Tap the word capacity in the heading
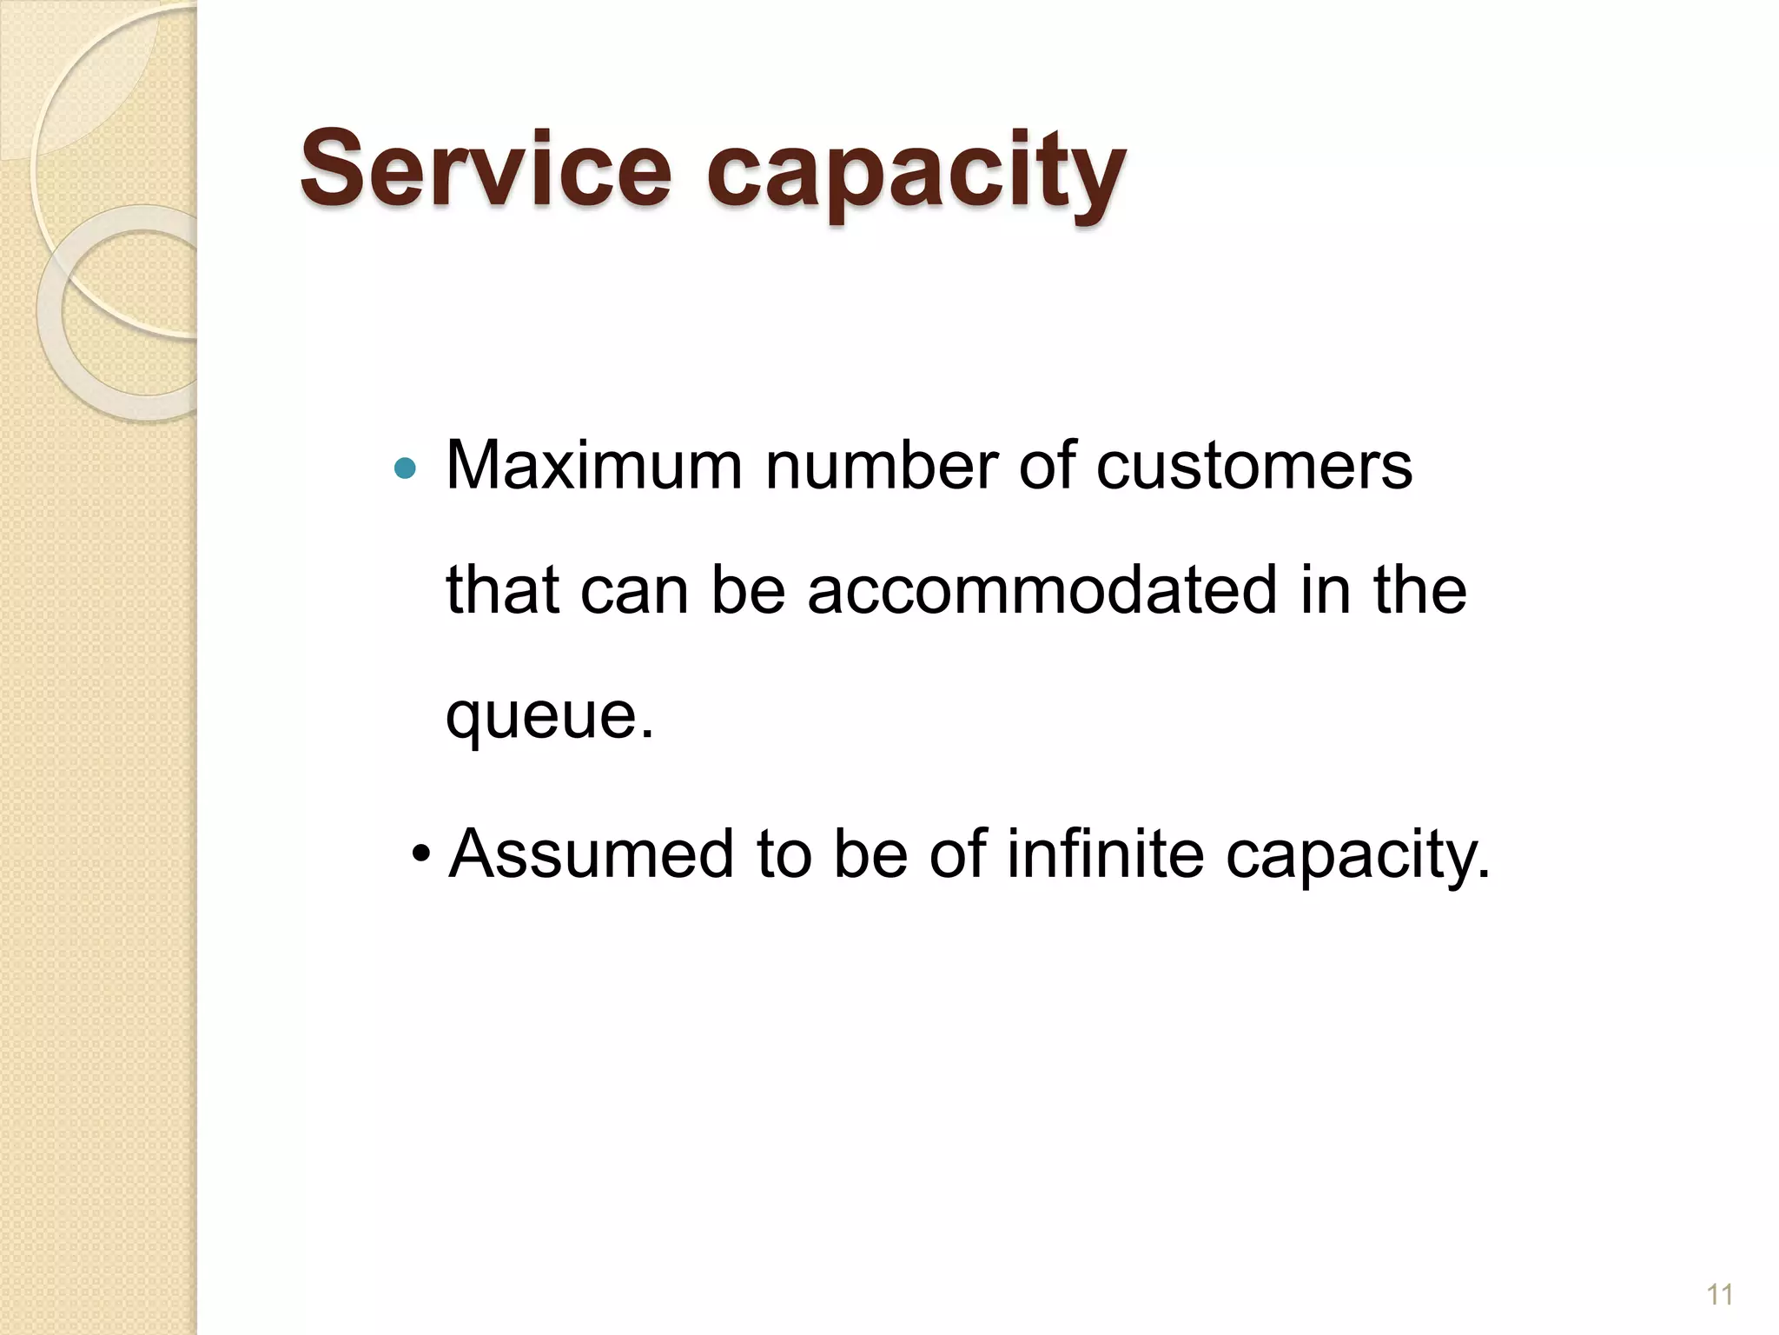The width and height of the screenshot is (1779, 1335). [916, 174]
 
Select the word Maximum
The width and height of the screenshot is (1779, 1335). [594, 466]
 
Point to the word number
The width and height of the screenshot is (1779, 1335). [881, 466]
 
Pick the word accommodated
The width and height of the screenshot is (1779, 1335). [1042, 590]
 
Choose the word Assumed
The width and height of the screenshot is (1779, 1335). [592, 853]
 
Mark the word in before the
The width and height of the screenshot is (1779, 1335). [1331, 590]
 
